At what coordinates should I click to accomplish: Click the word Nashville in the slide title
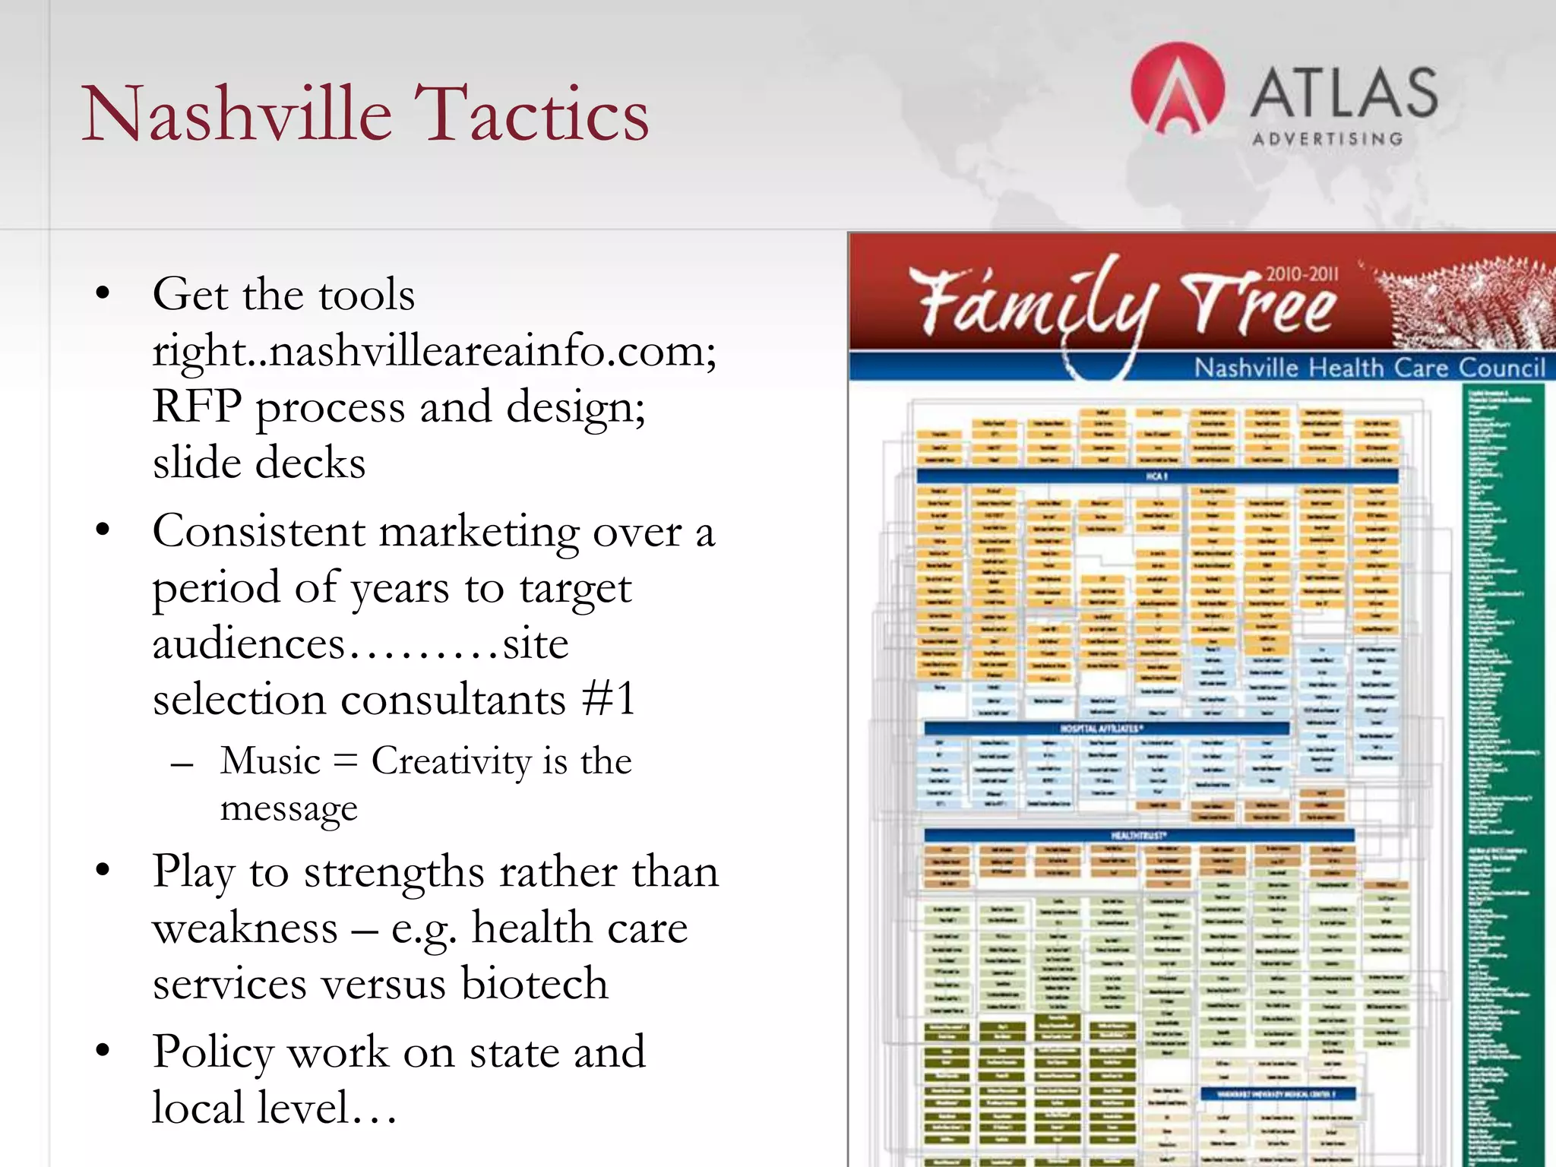click(236, 114)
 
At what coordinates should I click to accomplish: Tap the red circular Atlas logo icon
click(1177, 90)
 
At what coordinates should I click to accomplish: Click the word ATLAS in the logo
click(1343, 93)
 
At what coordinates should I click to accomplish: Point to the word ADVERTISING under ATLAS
click(1327, 139)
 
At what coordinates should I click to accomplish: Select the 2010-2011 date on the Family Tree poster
click(1301, 274)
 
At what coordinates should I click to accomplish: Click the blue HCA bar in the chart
click(1156, 476)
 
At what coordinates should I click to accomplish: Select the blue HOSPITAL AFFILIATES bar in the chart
click(1105, 728)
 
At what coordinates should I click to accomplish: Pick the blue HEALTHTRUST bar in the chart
click(1138, 835)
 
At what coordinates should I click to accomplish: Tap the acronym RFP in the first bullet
click(196, 406)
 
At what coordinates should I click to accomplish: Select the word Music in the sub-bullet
click(270, 761)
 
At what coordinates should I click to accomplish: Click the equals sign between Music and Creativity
click(345, 761)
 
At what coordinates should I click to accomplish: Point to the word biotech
click(534, 983)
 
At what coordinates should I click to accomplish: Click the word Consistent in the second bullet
click(258, 531)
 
